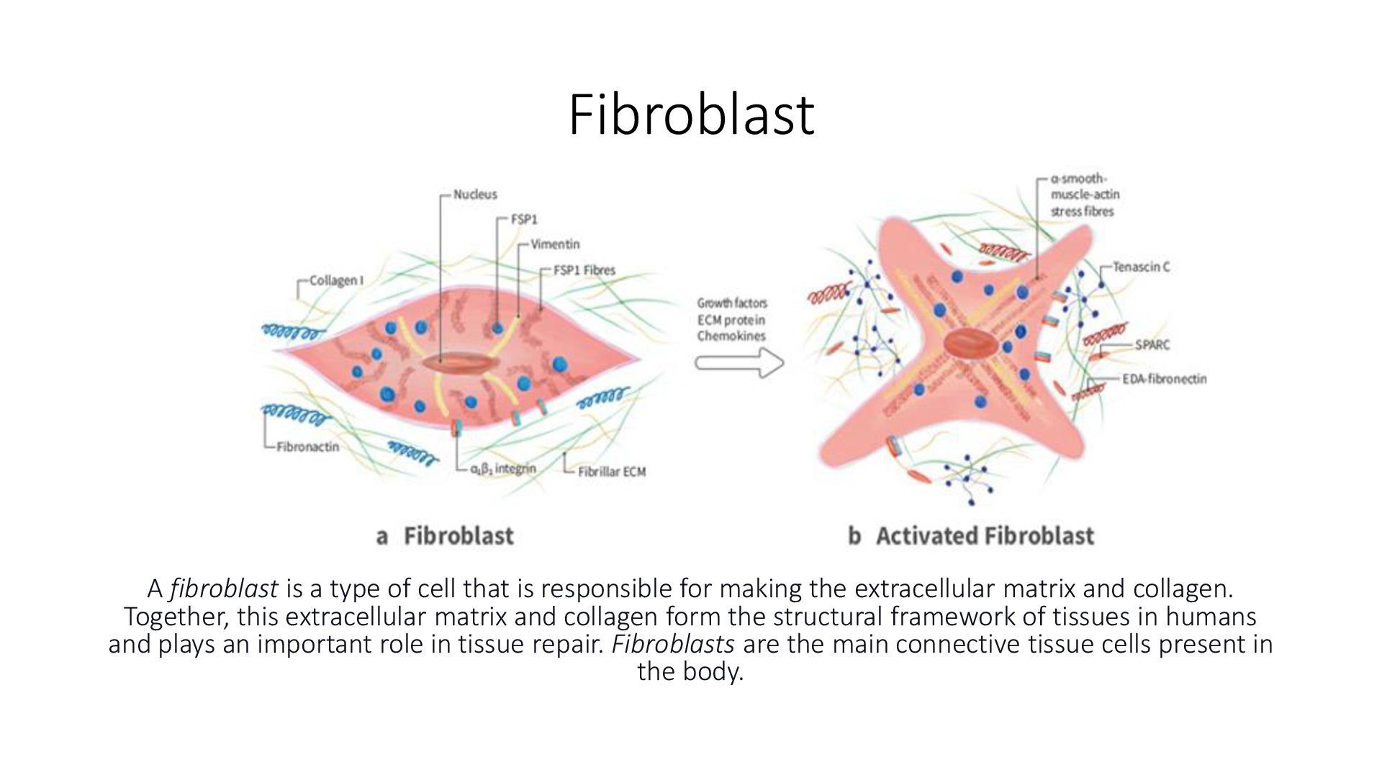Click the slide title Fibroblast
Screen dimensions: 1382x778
[691, 115]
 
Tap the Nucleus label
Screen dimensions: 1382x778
[475, 194]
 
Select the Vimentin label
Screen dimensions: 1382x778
[554, 244]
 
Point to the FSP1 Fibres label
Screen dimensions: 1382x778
[584, 270]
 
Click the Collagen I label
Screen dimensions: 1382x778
[336, 281]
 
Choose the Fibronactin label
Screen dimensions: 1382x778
[307, 447]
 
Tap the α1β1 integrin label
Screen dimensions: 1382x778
[503, 470]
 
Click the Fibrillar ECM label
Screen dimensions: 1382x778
[612, 472]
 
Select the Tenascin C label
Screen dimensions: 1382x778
[1141, 267]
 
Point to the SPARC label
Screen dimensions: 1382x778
[1152, 345]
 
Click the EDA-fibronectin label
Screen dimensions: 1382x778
[1164, 379]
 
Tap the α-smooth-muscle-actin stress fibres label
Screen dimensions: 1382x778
[1085, 195]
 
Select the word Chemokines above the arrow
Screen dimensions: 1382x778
[731, 336]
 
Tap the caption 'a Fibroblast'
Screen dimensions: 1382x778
[445, 536]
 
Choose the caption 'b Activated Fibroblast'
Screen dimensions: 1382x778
[971, 536]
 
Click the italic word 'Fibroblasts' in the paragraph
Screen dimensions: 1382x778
[673, 644]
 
